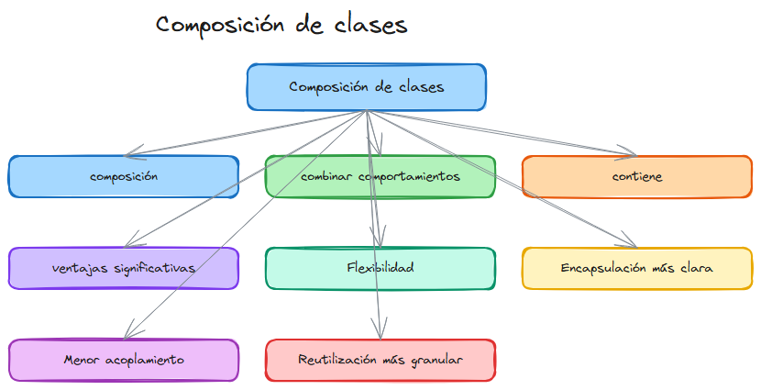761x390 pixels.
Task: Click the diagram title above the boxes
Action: tap(281, 26)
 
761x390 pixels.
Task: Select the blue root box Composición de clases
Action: tap(366, 87)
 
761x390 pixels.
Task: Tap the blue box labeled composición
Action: tap(124, 176)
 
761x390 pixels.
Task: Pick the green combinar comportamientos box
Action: tap(380, 176)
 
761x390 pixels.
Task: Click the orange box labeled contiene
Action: tap(637, 176)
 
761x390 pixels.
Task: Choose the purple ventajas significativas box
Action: tap(124, 268)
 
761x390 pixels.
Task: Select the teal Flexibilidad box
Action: tap(380, 268)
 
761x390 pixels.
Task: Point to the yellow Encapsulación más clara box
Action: tap(637, 268)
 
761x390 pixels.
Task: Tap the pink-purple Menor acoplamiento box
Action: tap(124, 360)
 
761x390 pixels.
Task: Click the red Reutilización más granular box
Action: tap(380, 360)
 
